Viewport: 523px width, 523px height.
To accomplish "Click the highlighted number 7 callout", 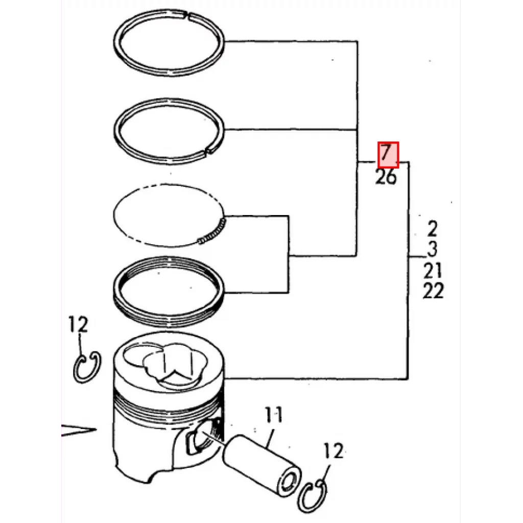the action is coord(388,155).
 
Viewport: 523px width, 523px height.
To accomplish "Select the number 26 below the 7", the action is coord(386,177).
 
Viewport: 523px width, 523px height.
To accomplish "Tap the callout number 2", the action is coord(432,228).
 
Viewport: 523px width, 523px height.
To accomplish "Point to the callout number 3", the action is coord(432,249).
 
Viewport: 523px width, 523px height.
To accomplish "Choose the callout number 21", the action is coord(433,270).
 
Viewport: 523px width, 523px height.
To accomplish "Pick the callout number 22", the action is coord(433,291).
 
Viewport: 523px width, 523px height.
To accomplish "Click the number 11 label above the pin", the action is coord(274,415).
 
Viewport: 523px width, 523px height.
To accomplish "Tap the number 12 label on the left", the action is coord(78,324).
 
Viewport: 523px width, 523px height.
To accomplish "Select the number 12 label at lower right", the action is coord(333,451).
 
